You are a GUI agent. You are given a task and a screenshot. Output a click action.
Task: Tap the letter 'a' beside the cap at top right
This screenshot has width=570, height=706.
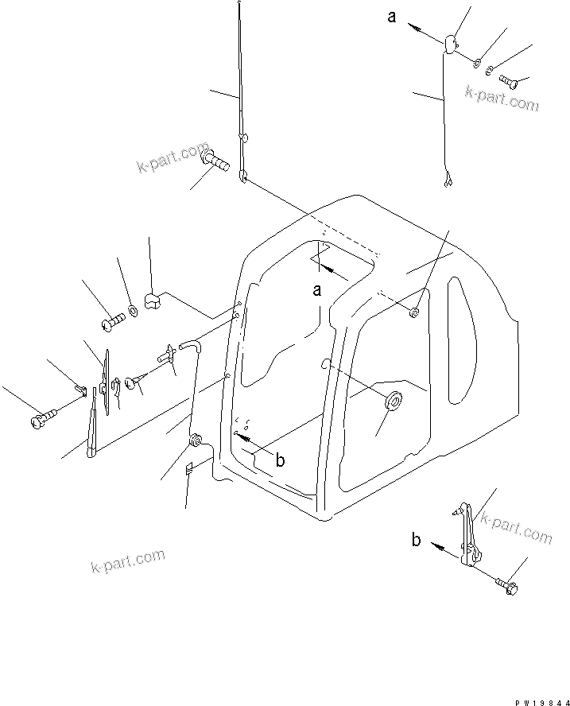(x=392, y=17)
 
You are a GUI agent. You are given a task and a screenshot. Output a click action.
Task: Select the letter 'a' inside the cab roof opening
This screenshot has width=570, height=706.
(x=316, y=291)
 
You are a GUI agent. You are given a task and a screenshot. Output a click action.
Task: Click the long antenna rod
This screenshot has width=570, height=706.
(x=240, y=87)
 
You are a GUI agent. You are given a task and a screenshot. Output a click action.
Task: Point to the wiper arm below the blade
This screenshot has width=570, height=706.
(x=93, y=425)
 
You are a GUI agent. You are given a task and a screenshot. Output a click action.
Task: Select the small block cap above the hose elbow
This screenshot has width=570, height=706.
(x=153, y=301)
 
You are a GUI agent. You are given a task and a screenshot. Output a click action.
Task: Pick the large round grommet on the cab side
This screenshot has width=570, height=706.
(x=391, y=402)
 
